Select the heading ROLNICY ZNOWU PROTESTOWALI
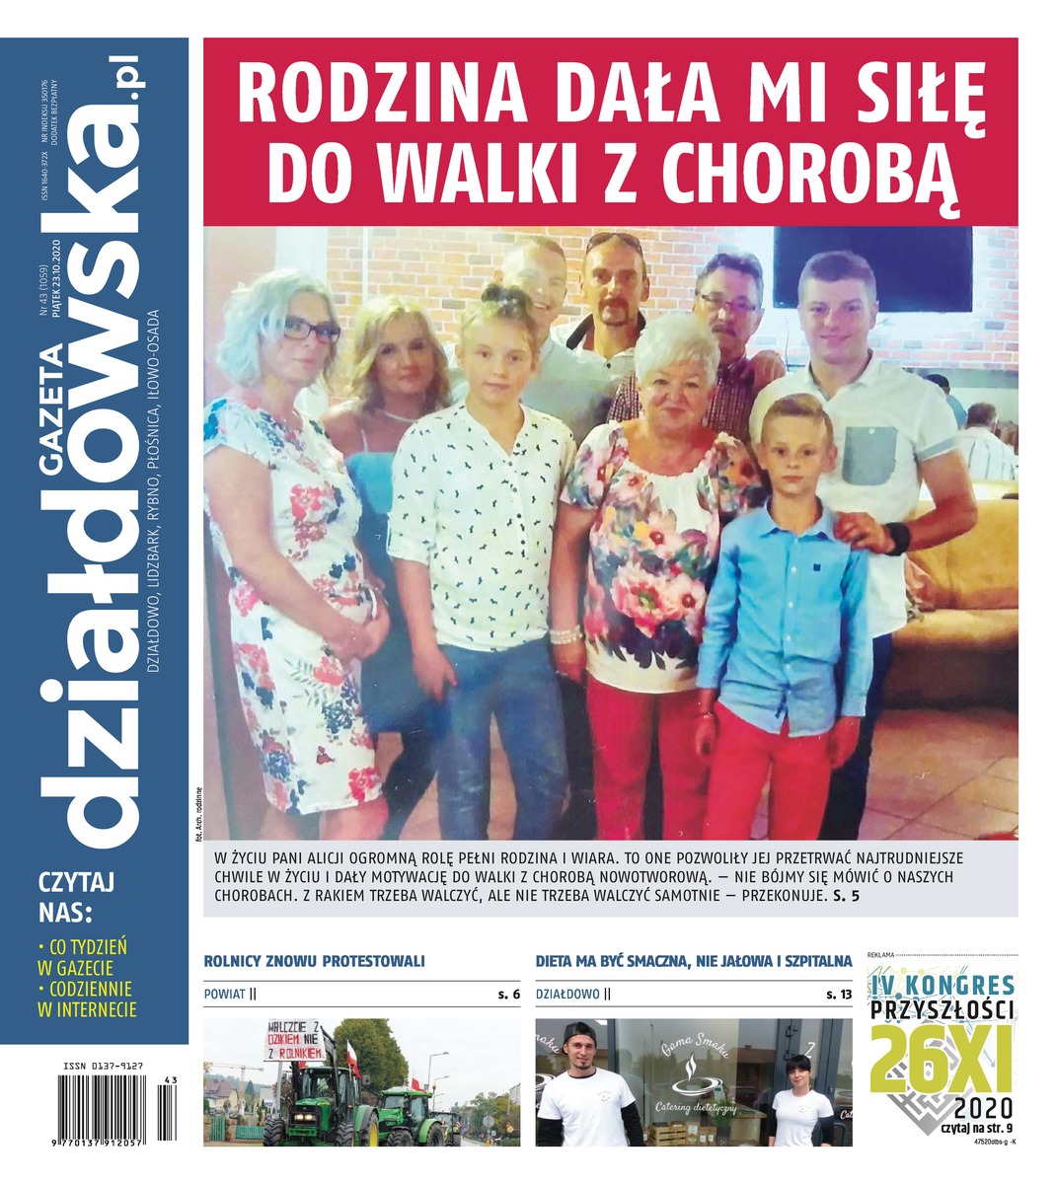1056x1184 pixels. click(314, 960)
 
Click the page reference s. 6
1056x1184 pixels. click(508, 995)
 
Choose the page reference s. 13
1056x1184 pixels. click(840, 995)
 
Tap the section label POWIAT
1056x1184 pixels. click(224, 995)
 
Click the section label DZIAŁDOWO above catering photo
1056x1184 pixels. click(567, 995)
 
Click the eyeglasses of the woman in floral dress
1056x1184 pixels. click(311, 330)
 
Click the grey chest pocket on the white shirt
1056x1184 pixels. click(869, 454)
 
